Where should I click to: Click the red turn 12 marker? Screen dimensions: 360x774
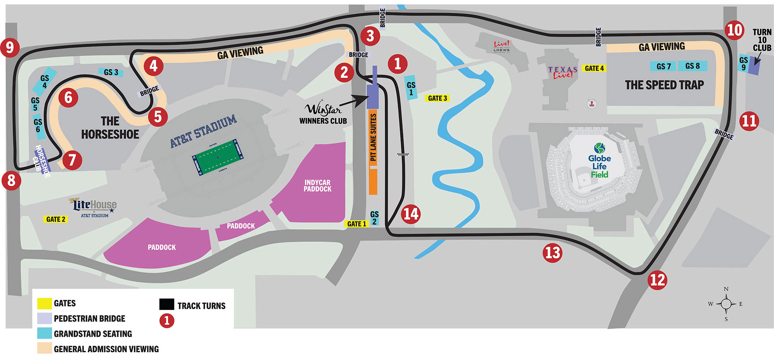point(658,280)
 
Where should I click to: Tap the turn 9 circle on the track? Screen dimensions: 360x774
point(10,48)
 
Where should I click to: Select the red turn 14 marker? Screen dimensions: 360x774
point(411,214)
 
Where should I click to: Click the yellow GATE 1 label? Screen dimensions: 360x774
point(356,224)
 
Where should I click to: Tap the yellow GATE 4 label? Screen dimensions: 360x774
point(594,69)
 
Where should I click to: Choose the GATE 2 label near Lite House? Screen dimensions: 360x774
point(56,219)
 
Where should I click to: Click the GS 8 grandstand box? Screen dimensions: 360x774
point(692,66)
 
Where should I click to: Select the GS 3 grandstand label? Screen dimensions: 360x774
point(111,72)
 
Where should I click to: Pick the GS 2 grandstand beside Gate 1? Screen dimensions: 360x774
point(374,218)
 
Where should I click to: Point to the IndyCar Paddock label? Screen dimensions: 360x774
point(317,185)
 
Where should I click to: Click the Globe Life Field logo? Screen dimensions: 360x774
point(599,161)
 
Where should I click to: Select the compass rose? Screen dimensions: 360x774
point(726,304)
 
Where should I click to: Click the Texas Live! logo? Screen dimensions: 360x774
point(563,72)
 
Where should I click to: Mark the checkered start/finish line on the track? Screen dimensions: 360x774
point(403,154)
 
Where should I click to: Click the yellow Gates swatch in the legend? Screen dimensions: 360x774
point(45,303)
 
